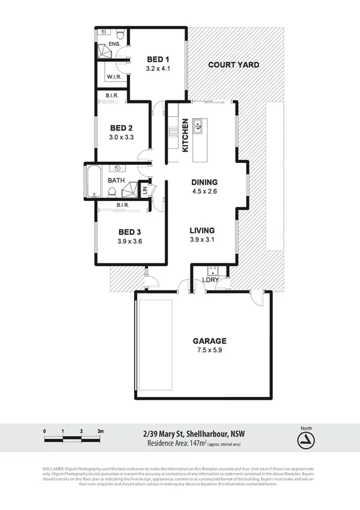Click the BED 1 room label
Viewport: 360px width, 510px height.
pyautogui.click(x=159, y=60)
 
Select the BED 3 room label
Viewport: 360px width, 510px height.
pyautogui.click(x=129, y=232)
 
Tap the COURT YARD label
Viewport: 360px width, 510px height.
pyautogui.click(x=233, y=65)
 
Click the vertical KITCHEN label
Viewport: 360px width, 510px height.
pyautogui.click(x=186, y=135)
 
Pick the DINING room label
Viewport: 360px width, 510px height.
pyautogui.click(x=204, y=183)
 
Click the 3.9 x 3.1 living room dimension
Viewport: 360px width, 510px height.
pyautogui.click(x=202, y=240)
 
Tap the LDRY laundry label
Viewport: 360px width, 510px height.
pyautogui.click(x=210, y=280)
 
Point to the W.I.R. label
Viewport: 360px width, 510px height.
pyautogui.click(x=114, y=78)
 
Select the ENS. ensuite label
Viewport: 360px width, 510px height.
pyautogui.click(x=114, y=45)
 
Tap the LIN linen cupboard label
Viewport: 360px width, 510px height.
pyautogui.click(x=144, y=190)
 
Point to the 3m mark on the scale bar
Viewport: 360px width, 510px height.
pyautogui.click(x=100, y=431)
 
